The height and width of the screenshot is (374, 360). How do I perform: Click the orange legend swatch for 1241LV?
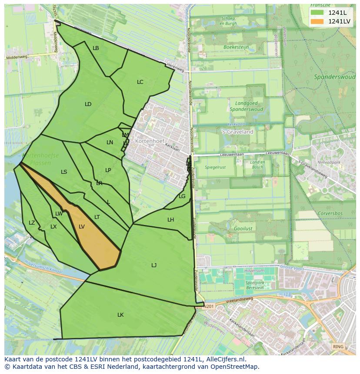pos(317,21)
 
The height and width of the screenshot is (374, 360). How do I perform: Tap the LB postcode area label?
pos(96,48)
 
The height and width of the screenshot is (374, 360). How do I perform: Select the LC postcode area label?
pos(140,82)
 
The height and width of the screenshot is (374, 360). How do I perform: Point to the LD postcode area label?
pos(88,104)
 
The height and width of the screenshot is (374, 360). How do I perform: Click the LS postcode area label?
pos(64,172)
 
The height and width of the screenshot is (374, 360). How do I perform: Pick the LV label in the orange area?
pos(82,227)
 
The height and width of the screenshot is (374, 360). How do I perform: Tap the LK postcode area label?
pos(120,315)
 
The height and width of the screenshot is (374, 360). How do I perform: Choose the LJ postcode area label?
pos(154,265)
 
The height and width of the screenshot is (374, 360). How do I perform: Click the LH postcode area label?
pos(170,220)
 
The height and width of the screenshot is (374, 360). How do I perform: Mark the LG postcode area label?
pos(182,196)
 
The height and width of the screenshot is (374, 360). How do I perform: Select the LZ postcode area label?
pos(32,223)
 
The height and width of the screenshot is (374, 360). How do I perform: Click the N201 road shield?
pos(210,306)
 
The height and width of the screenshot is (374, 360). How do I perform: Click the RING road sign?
pos(337,347)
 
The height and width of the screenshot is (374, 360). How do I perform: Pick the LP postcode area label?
pos(108,170)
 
